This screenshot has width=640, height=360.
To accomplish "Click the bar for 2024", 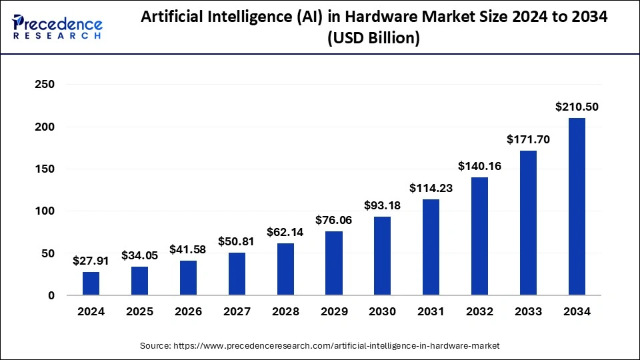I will (91, 283).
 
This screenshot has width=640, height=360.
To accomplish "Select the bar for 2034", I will (577, 207).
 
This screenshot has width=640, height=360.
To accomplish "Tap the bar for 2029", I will (334, 263).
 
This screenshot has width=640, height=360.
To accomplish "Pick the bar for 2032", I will (479, 236).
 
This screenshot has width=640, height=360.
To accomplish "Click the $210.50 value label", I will (577, 107).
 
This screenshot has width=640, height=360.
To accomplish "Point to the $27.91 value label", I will (91, 261).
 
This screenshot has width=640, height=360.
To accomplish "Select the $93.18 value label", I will (383, 205).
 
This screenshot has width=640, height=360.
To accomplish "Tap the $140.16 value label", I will (479, 166).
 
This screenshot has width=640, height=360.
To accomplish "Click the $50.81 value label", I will (237, 241).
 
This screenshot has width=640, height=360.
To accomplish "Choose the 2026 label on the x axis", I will (188, 311).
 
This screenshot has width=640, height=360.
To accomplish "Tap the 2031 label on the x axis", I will (431, 311).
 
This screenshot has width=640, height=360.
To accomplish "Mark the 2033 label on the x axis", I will (528, 311).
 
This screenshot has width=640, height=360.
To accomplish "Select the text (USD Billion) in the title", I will (374, 39).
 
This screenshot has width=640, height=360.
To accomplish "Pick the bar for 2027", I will (237, 274).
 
